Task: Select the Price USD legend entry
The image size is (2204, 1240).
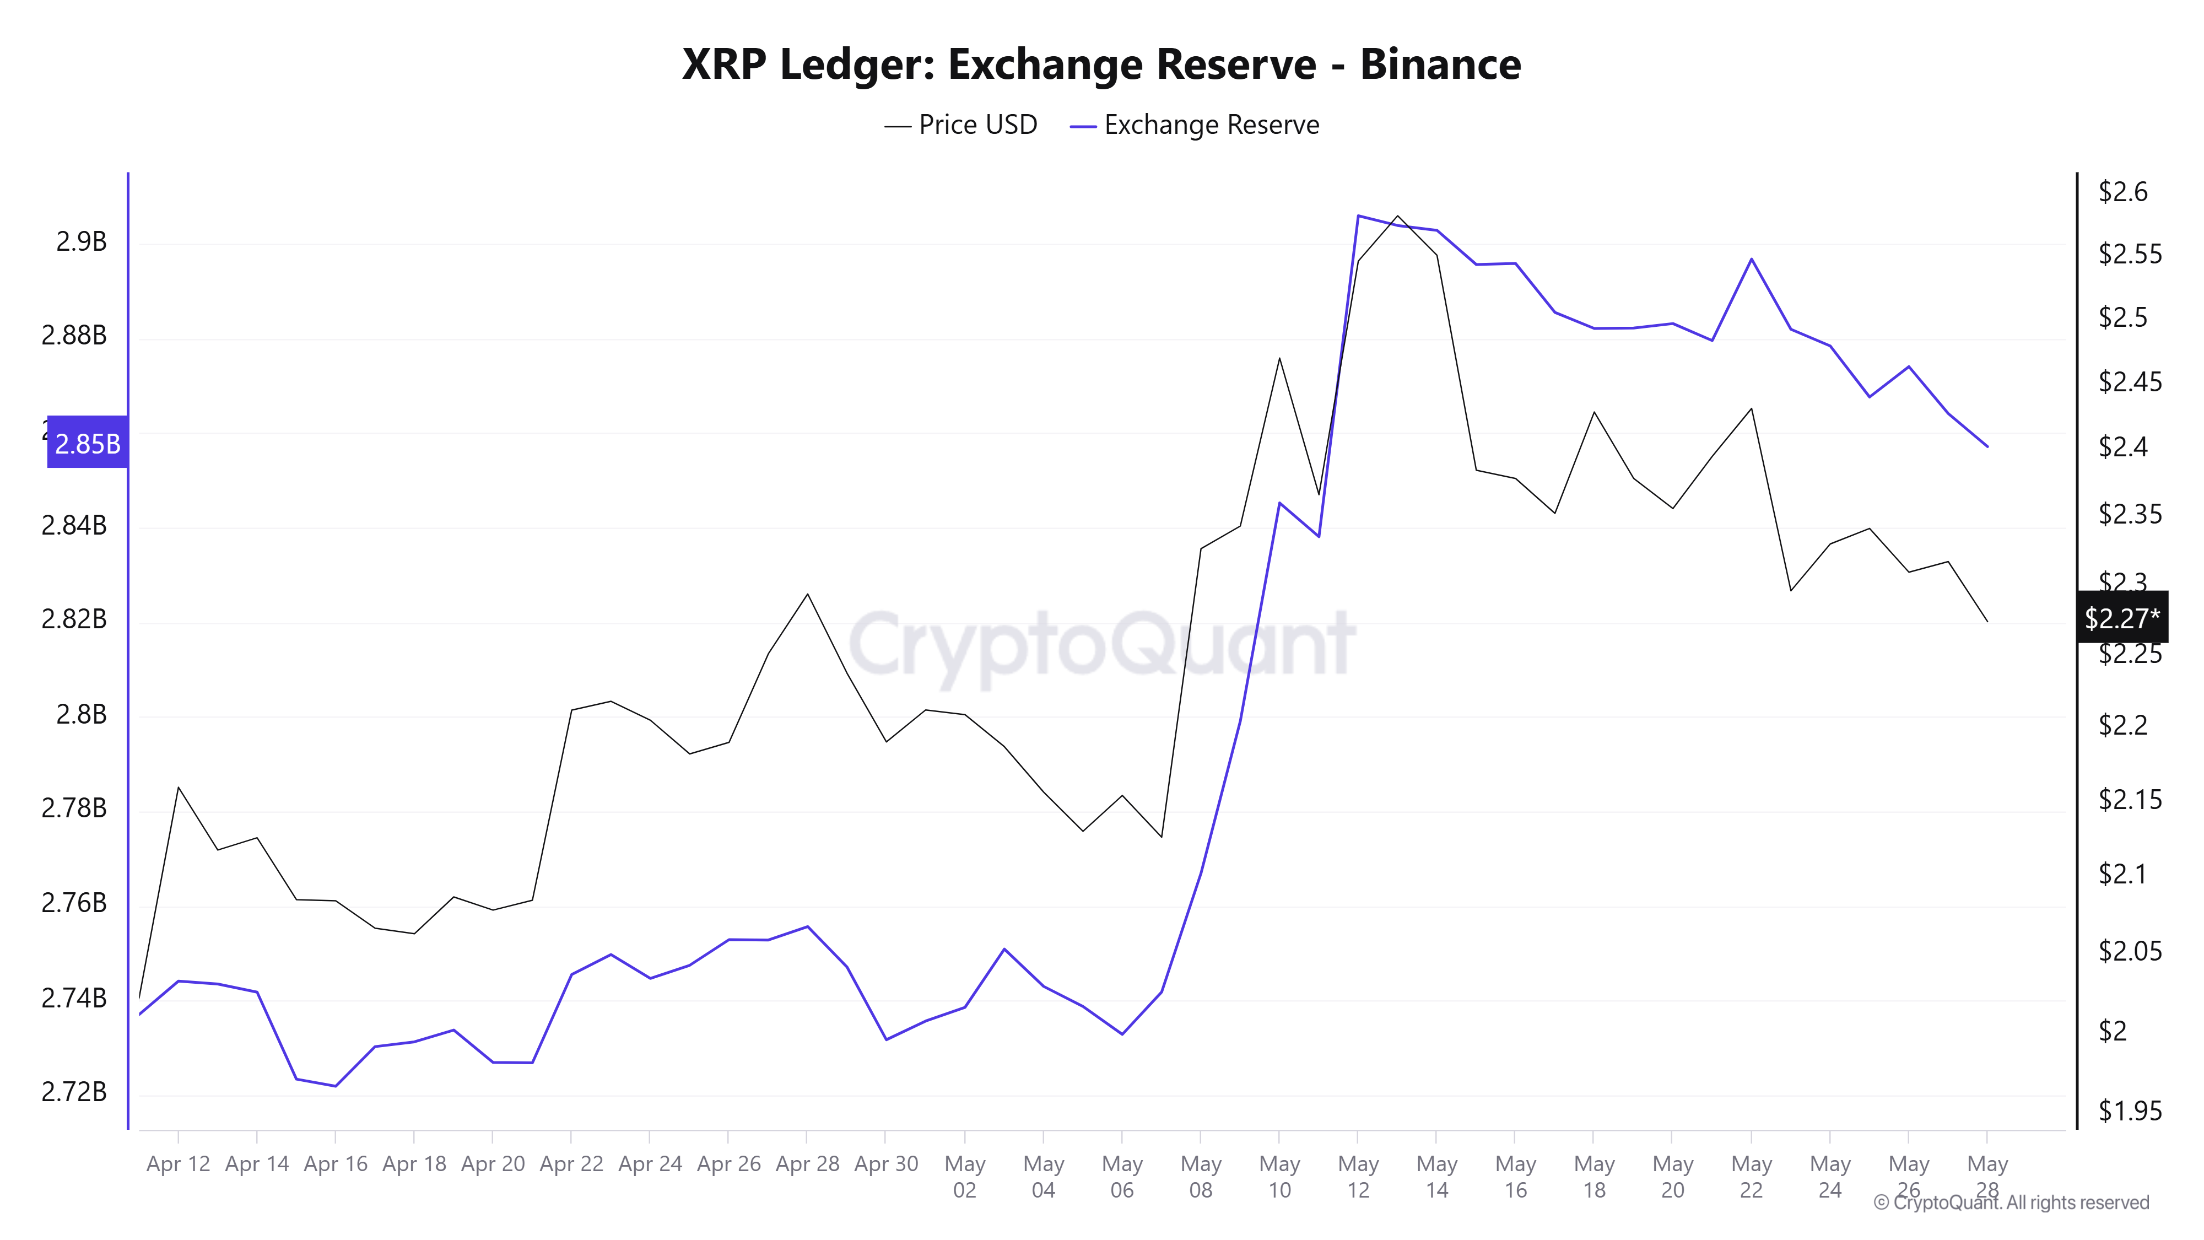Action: (961, 125)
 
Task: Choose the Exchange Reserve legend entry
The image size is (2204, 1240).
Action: (1196, 125)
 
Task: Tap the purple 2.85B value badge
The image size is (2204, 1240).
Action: (87, 443)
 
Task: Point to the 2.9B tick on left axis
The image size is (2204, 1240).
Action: (82, 242)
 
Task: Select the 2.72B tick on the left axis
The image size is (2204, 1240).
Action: (74, 1092)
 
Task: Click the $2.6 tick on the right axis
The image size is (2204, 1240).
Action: (2122, 192)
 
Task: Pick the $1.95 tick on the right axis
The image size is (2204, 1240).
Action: (2130, 1111)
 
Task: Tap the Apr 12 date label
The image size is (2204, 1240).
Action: (178, 1164)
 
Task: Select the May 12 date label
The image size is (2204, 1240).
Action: (1358, 1177)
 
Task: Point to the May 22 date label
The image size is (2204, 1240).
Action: (1751, 1177)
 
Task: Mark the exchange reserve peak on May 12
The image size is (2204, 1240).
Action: (1358, 215)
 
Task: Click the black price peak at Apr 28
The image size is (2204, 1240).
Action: (807, 594)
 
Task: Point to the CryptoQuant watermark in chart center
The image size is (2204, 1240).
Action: (1102, 644)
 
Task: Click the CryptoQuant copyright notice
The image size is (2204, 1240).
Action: (2011, 1203)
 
